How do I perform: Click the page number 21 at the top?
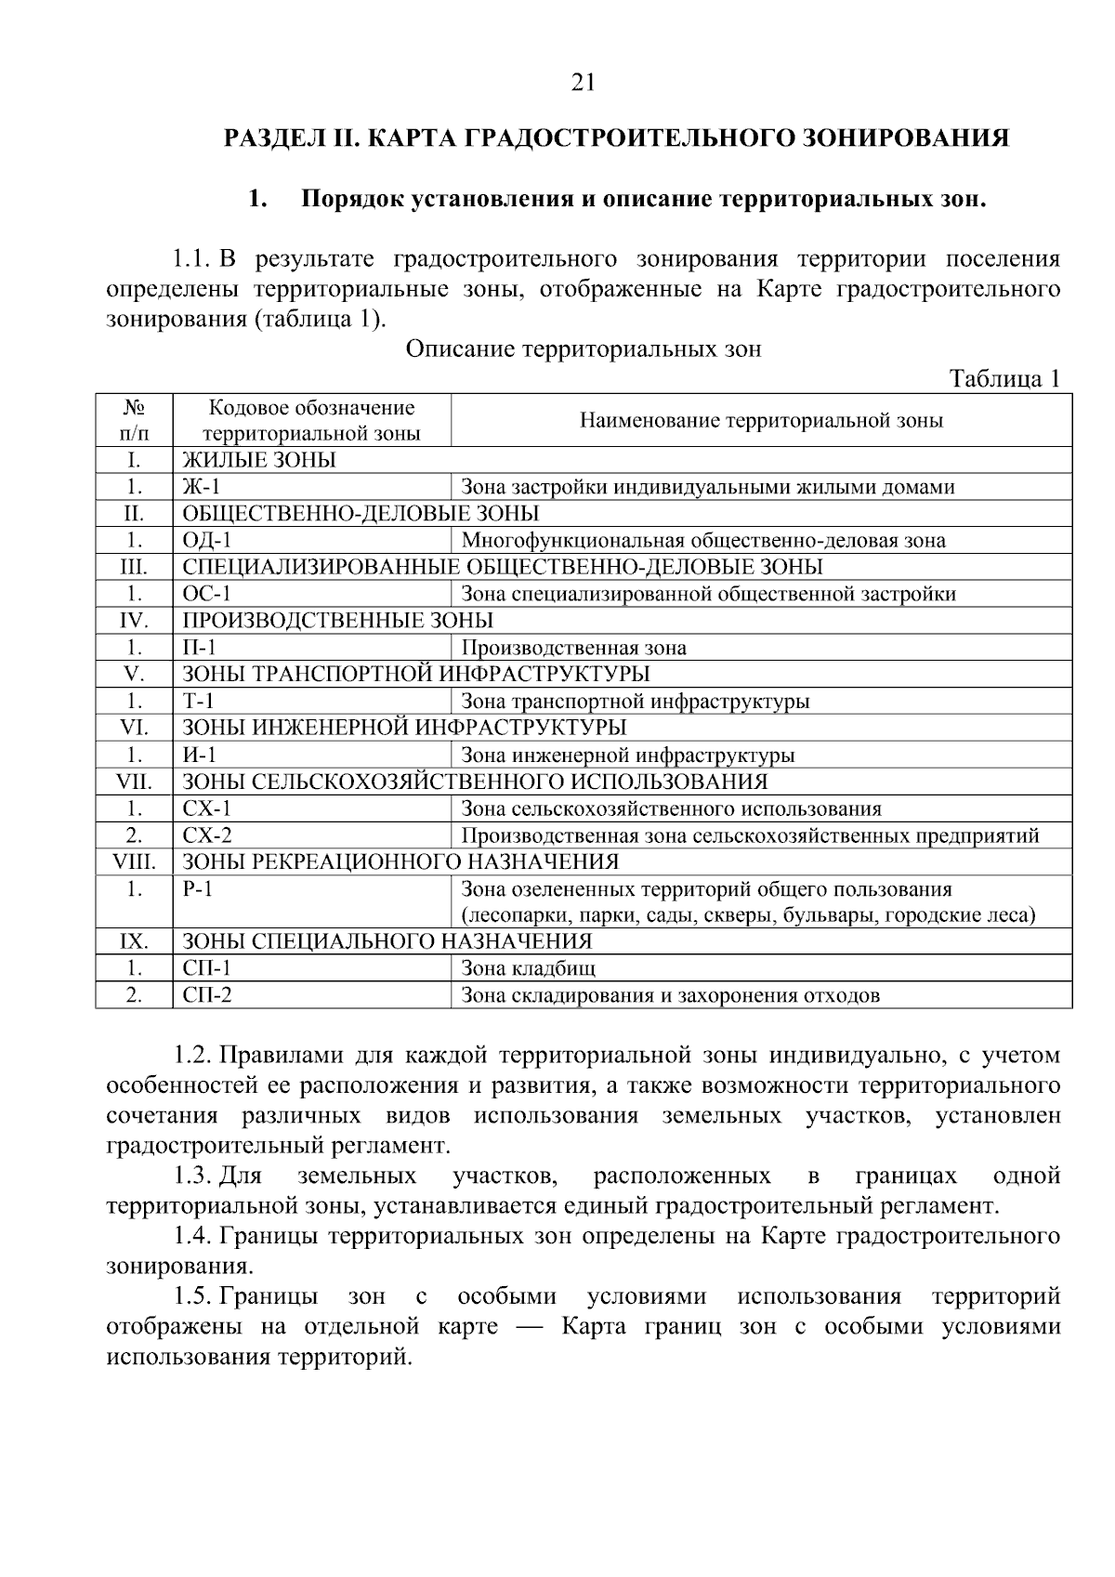click(x=583, y=83)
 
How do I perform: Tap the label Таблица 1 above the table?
click(x=1003, y=379)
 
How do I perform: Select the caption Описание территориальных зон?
click(x=584, y=349)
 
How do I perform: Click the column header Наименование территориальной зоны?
click(x=761, y=421)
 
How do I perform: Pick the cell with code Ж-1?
click(x=202, y=487)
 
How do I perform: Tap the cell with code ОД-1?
click(x=207, y=541)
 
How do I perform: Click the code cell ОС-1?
click(x=206, y=594)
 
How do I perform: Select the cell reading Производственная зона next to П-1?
click(x=573, y=649)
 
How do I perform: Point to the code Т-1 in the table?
click(x=198, y=702)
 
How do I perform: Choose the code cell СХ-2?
click(x=207, y=835)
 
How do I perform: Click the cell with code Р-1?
click(x=198, y=889)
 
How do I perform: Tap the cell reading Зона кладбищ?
click(x=528, y=969)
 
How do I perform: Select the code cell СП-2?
click(x=207, y=996)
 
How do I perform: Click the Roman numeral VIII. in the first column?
click(x=134, y=861)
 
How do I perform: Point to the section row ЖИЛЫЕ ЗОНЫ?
click(x=259, y=460)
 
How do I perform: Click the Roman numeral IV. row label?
click(x=134, y=621)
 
